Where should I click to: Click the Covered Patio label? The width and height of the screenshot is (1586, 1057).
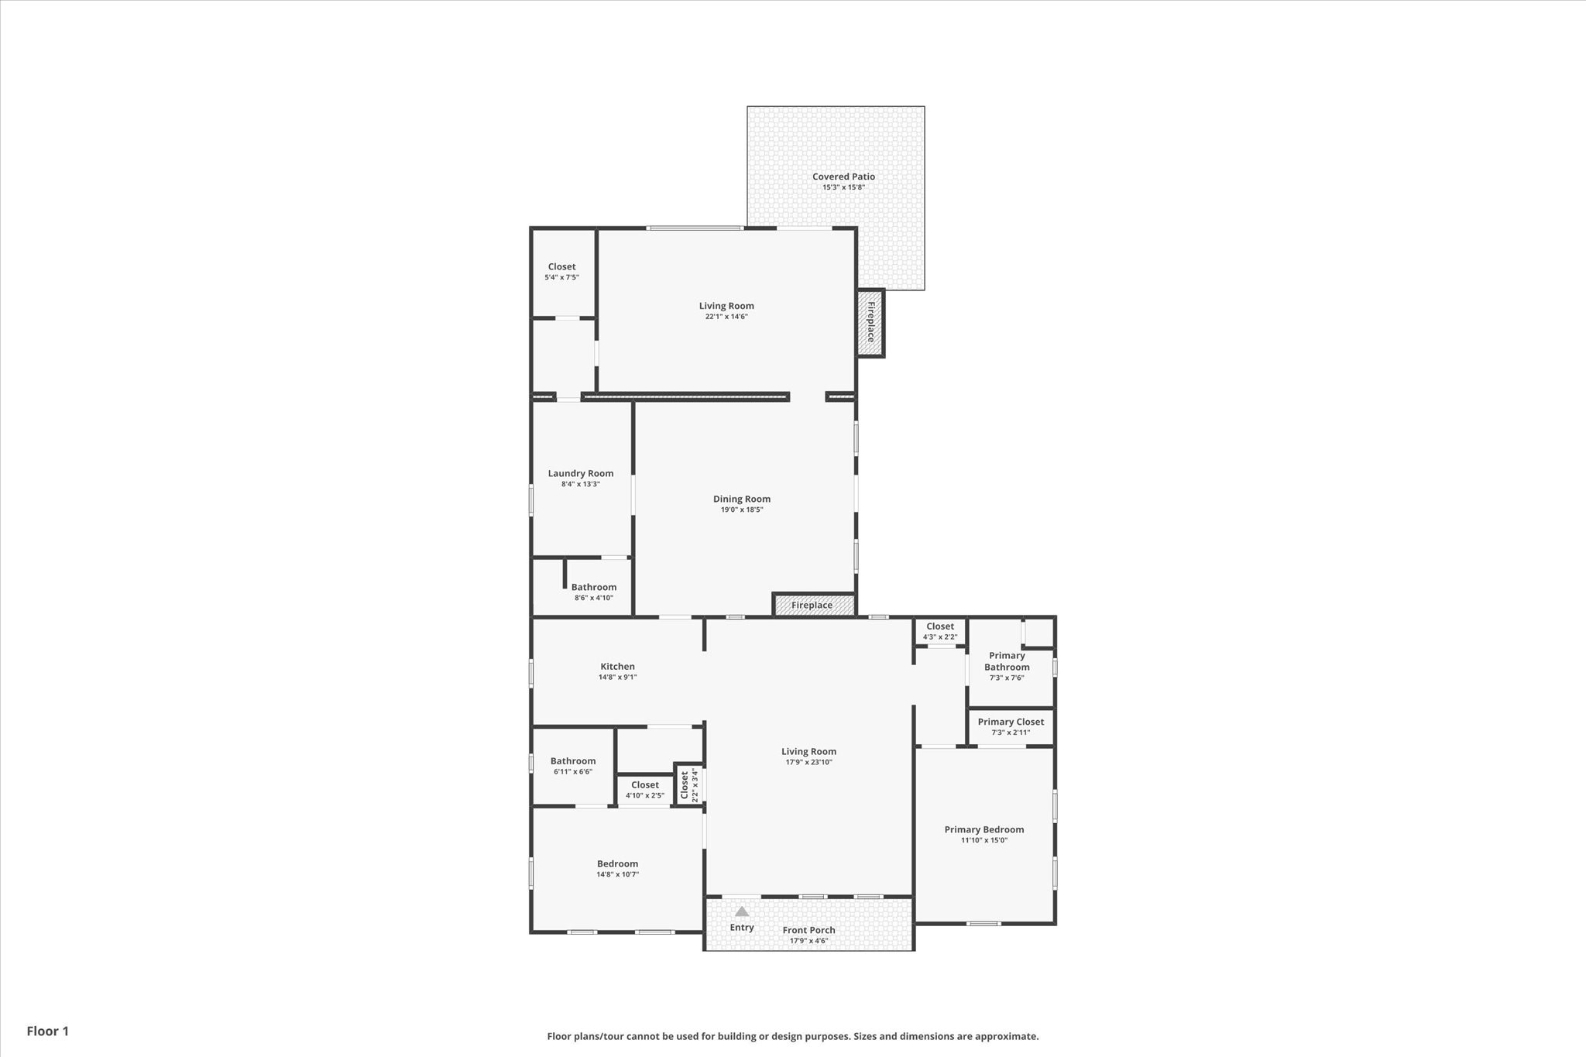click(843, 177)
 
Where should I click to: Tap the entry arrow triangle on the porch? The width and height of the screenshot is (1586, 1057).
click(742, 911)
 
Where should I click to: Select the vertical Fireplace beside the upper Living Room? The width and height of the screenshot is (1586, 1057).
click(870, 322)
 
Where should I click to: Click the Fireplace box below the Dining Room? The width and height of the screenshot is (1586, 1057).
click(813, 605)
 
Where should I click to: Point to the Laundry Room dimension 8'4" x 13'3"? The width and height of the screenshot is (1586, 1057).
click(581, 484)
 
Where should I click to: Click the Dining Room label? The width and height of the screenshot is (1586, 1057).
click(742, 499)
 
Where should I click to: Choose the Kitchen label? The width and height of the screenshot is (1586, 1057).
click(617, 666)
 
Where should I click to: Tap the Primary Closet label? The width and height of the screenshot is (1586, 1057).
click(1011, 722)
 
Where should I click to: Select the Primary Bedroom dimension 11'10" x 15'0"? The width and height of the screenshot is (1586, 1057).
click(984, 840)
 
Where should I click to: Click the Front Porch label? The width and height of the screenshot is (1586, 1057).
click(808, 930)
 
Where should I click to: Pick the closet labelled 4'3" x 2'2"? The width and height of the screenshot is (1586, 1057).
click(940, 631)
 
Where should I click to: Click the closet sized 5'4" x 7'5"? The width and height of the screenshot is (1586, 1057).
click(561, 271)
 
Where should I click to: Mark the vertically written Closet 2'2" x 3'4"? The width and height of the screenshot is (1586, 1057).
click(688, 785)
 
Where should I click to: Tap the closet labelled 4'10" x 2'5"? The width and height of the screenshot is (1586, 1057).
click(645, 789)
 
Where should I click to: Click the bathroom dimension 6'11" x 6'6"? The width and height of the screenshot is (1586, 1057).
click(573, 771)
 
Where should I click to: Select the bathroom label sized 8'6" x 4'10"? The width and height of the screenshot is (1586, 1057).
click(594, 592)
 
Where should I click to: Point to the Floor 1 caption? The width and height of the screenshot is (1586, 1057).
click(48, 1031)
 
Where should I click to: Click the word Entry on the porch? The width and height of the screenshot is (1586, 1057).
click(742, 927)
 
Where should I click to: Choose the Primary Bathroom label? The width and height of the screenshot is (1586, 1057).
click(1007, 661)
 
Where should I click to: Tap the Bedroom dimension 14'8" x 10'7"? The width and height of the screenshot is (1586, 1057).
click(617, 874)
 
